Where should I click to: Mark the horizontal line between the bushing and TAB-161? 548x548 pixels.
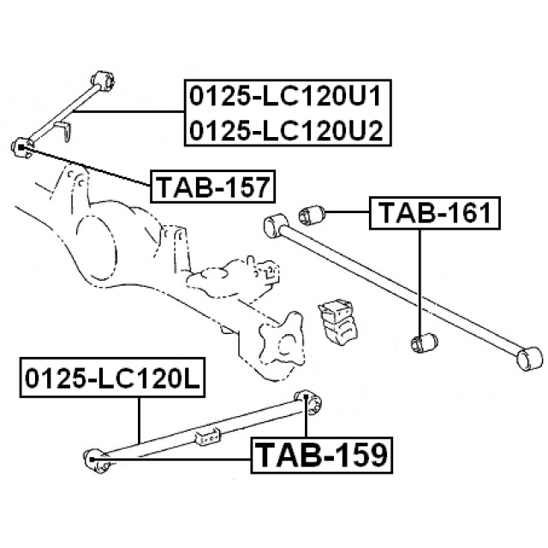pyautogui.click(x=349, y=211)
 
